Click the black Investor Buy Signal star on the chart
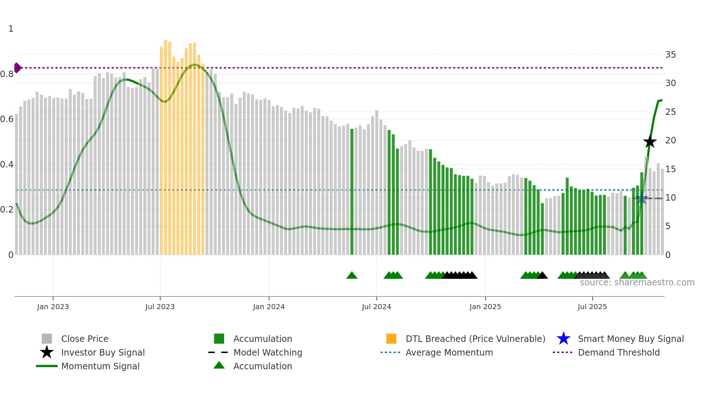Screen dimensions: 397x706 650,142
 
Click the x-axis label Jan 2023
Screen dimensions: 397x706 53,307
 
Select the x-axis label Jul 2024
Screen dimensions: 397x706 376,307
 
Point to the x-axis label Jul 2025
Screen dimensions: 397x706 592,307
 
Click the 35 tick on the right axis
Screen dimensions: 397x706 670,55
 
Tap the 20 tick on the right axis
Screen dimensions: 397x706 670,140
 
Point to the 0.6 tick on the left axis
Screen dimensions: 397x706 7,119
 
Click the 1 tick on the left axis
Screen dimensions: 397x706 11,29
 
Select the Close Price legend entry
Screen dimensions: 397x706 85,339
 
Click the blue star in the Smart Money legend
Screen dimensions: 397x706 563,339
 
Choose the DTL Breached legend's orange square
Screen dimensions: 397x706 391,339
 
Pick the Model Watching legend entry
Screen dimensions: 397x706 267,353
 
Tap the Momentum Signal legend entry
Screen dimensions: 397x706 100,366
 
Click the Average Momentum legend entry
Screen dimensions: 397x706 449,353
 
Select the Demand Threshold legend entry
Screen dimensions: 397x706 618,353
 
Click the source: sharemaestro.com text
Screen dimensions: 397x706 637,282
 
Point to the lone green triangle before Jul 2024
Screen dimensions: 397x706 352,276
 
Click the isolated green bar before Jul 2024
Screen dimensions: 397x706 352,191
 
